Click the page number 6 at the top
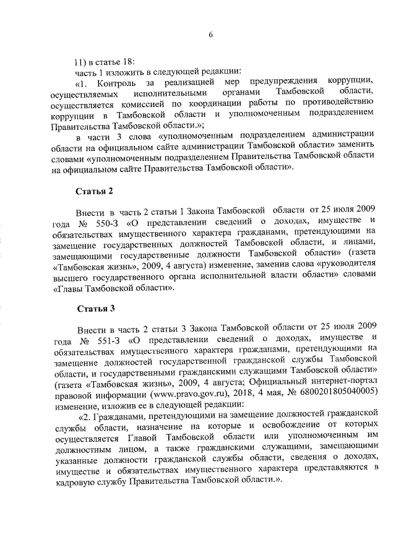click(210, 35)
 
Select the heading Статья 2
click(94, 191)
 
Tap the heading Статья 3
click(94, 308)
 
